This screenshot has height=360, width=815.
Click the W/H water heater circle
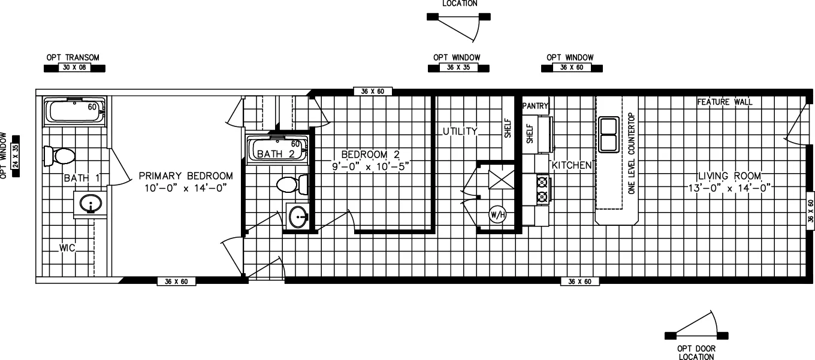(497, 214)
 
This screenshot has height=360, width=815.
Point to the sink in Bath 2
(298, 217)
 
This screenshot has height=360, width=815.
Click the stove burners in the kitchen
(543, 189)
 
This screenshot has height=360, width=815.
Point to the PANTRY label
(536, 106)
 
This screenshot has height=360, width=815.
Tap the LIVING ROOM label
(729, 176)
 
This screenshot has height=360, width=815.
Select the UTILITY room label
(460, 131)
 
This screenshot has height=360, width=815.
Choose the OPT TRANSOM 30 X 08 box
(75, 68)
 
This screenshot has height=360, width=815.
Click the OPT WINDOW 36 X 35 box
(458, 68)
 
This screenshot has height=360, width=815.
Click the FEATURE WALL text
(725, 102)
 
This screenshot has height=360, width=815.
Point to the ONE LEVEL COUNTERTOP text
(631, 152)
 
